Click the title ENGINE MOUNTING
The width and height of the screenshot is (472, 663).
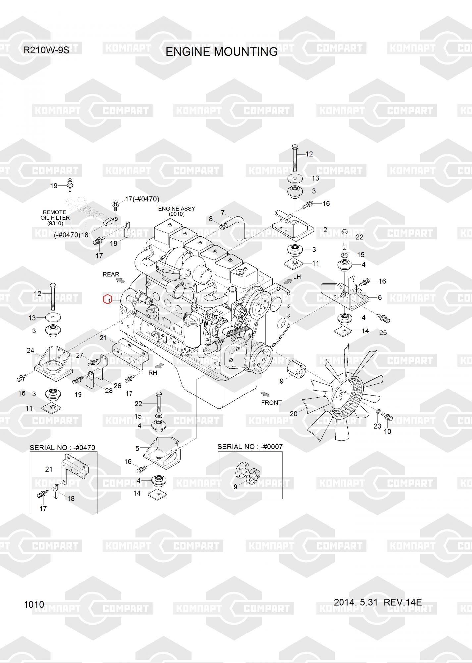coord(221,52)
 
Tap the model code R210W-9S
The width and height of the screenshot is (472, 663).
coord(46,50)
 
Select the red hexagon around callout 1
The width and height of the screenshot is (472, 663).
coord(107,299)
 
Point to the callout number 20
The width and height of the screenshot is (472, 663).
coord(294,414)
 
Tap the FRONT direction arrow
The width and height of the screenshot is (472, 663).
coord(265,394)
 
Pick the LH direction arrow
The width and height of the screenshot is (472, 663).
coord(287,281)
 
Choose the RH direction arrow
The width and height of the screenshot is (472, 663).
coord(160,366)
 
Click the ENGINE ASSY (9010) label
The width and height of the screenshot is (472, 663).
coord(177,211)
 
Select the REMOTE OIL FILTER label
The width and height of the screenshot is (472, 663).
coord(55,218)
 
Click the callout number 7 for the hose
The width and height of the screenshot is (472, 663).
coord(223,212)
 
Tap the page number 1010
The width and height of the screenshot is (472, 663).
coord(34,604)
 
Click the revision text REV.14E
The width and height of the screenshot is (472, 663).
coord(402,602)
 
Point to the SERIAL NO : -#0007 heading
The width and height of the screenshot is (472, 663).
coord(250,446)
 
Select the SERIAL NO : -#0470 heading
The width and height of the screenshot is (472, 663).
coord(63,447)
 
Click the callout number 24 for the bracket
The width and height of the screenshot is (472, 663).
coord(30,350)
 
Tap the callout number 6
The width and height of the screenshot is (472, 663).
coord(380,297)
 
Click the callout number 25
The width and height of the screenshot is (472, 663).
coord(383,332)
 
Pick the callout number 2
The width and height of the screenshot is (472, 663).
coord(325,230)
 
